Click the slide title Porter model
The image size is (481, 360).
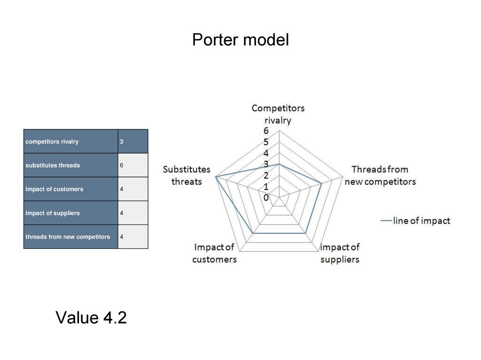240,40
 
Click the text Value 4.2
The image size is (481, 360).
91,318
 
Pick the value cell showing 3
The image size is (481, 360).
132,141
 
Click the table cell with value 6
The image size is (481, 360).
132,165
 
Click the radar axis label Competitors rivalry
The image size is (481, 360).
278,114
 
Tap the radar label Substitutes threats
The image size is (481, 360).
186,175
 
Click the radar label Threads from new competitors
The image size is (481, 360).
380,175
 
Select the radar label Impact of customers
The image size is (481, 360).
214,253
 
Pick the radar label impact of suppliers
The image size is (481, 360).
340,253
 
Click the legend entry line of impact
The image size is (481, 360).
416,221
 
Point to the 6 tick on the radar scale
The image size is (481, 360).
266,131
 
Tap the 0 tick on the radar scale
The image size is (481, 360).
266,198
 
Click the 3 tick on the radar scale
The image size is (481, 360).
266,164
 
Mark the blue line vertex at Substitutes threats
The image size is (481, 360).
215,177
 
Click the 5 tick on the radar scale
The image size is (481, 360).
266,142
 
